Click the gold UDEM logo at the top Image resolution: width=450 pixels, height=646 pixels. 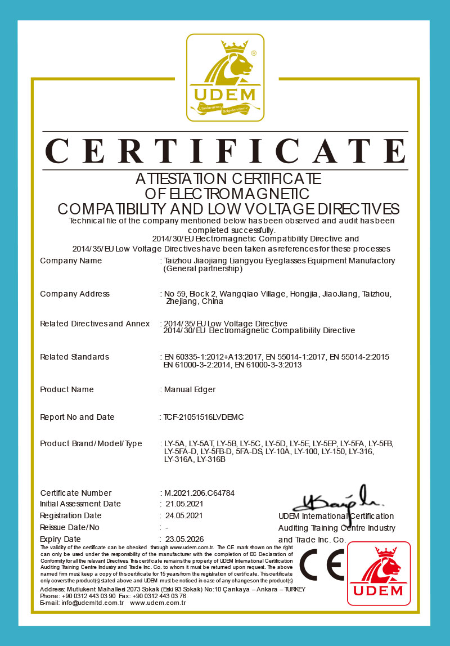[225, 77]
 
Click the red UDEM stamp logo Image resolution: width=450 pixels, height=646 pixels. [379, 573]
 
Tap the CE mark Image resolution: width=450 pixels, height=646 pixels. [322, 565]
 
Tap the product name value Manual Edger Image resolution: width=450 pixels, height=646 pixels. [190, 389]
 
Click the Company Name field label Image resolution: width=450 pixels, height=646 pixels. [71, 261]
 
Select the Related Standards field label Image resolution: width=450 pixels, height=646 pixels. [74, 357]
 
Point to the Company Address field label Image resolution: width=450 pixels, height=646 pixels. [75, 294]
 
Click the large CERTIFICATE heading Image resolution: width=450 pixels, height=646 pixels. [225, 150]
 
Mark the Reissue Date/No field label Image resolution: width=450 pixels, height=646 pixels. [70, 527]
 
